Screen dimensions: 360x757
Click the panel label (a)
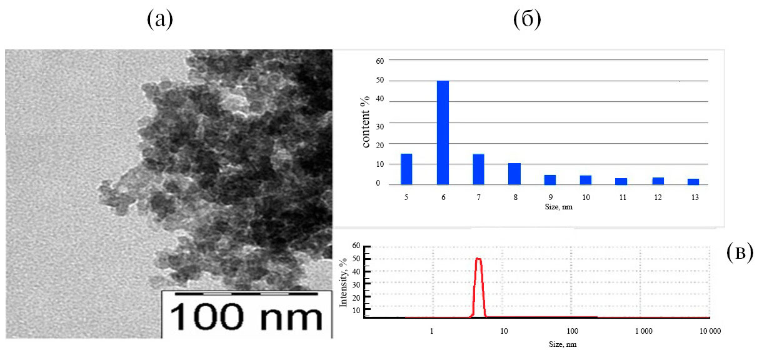159,20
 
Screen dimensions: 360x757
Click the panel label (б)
526,20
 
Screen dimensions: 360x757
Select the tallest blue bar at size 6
443,132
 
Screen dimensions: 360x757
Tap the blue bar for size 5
406,169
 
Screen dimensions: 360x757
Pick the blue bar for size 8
514,174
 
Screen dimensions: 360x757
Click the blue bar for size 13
693,181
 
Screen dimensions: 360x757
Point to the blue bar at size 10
586,180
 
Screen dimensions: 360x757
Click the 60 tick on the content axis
379,60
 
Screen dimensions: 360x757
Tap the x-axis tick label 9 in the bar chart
550,197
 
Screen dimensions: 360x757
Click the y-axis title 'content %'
367,121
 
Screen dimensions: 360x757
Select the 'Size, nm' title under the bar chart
550,207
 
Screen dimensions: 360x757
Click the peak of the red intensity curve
479,259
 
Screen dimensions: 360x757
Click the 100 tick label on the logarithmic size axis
572,331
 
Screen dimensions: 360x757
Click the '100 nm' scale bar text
245,317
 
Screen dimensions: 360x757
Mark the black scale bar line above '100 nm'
242,293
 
